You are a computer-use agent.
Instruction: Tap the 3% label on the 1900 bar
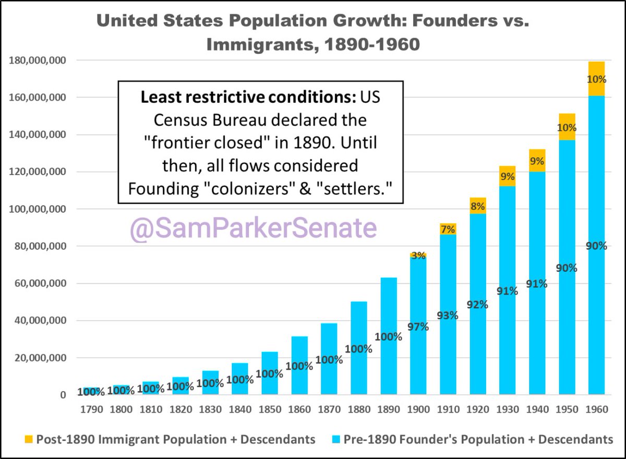pyautogui.click(x=418, y=256)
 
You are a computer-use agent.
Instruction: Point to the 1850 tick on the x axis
pyautogui.click(x=270, y=409)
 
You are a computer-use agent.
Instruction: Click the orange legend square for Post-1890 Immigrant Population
pyautogui.click(x=28, y=439)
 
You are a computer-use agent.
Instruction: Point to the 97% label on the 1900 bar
pyautogui.click(x=418, y=327)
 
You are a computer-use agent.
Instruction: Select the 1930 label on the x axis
pyautogui.click(x=507, y=409)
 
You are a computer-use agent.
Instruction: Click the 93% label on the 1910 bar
pyautogui.click(x=448, y=315)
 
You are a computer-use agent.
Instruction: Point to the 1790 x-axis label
pyautogui.click(x=91, y=409)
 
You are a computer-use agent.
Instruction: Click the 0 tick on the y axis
pyautogui.click(x=63, y=395)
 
